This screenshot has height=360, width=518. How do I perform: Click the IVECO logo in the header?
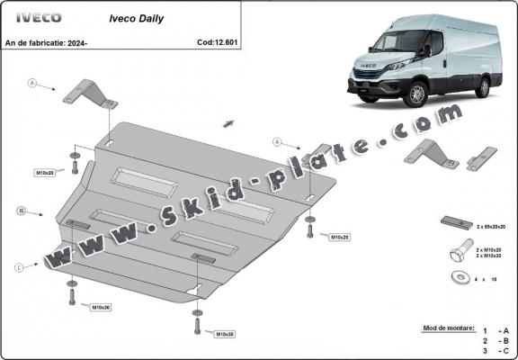(36, 17)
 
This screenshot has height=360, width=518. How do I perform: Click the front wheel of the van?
(417, 94)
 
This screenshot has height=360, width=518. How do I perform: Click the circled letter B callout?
(20, 211)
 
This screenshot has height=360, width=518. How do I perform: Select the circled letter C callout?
(19, 266)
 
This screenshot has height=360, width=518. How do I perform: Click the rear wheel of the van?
(484, 86)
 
